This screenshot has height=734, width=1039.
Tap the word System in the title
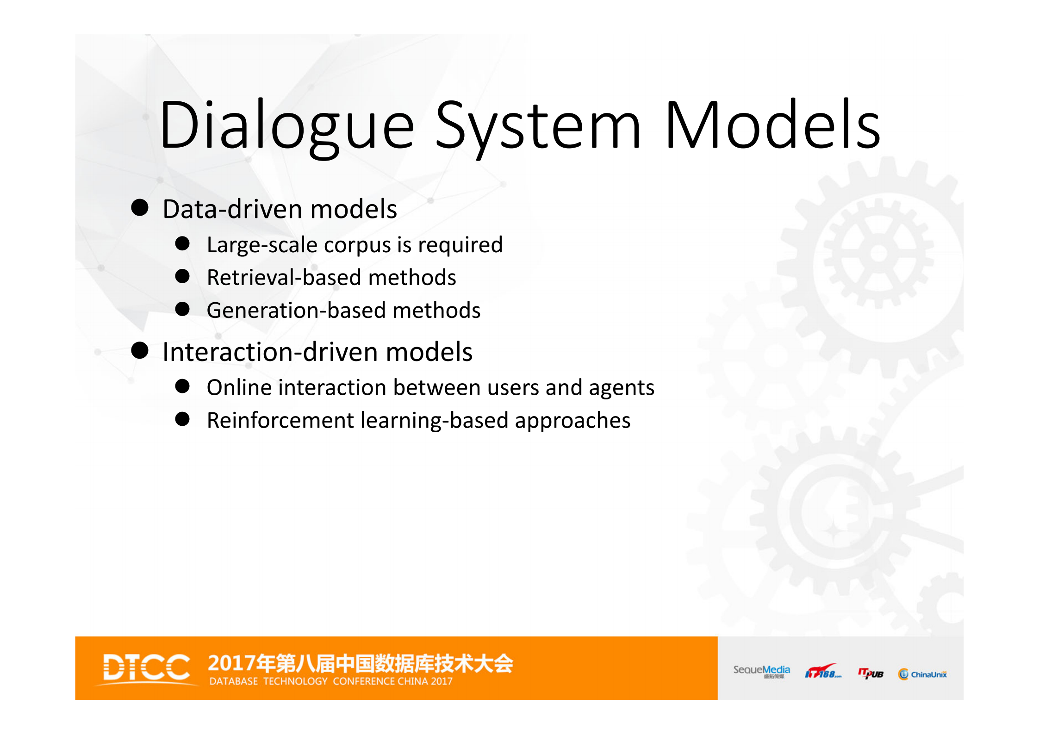(538, 126)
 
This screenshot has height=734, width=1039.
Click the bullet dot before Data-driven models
(140, 208)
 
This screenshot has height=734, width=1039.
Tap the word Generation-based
(296, 311)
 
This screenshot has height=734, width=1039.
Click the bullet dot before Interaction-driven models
(140, 351)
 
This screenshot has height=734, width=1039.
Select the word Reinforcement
(280, 420)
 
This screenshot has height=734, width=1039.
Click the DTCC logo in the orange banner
(146, 667)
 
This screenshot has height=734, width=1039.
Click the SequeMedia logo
(761, 671)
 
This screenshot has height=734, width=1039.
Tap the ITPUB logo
(871, 673)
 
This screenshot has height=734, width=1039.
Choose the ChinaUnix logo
(922, 674)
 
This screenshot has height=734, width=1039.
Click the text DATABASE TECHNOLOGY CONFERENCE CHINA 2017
(330, 681)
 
